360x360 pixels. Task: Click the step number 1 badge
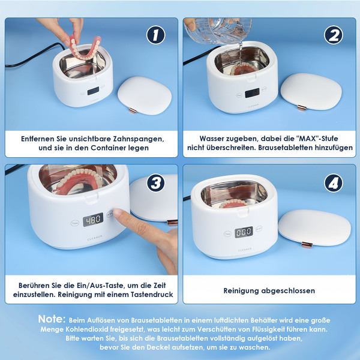[x=155, y=35]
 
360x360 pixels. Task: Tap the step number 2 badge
[x=334, y=35]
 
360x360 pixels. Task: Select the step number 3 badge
[x=155, y=183]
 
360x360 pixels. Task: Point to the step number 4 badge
[x=334, y=183]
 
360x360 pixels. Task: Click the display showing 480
[x=93, y=220]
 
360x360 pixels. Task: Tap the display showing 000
[x=244, y=232]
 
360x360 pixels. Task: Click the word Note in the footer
[x=52, y=319]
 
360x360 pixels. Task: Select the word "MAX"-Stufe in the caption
[x=317, y=139]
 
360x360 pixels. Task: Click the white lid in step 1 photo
[x=145, y=95]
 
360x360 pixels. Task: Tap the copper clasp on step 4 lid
[x=307, y=245]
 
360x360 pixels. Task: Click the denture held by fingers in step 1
[x=85, y=48]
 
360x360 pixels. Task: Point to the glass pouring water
[x=218, y=31]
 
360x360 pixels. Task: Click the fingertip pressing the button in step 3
[x=118, y=213]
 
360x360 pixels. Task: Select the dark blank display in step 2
[x=252, y=93]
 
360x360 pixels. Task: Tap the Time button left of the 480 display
[x=74, y=223]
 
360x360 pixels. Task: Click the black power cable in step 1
[x=32, y=57]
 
